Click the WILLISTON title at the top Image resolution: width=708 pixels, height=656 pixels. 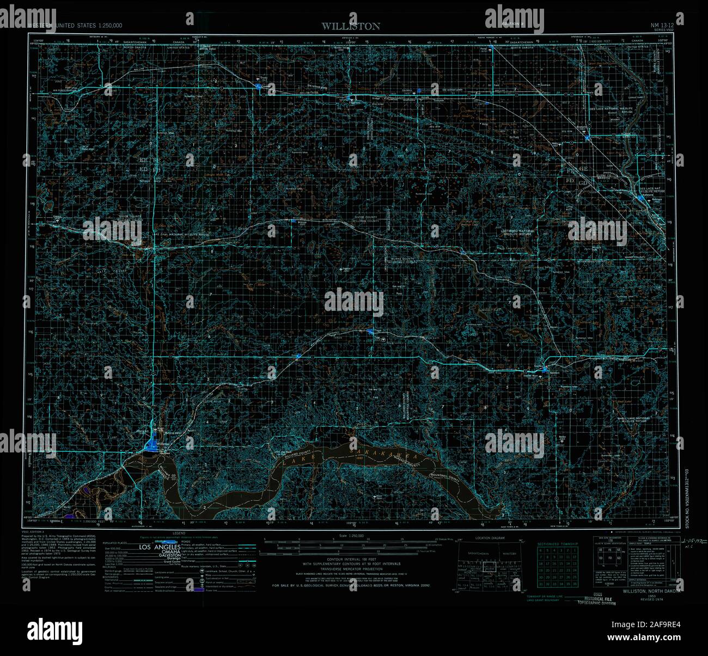point(350,26)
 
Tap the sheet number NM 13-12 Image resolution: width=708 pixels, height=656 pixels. point(663,25)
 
